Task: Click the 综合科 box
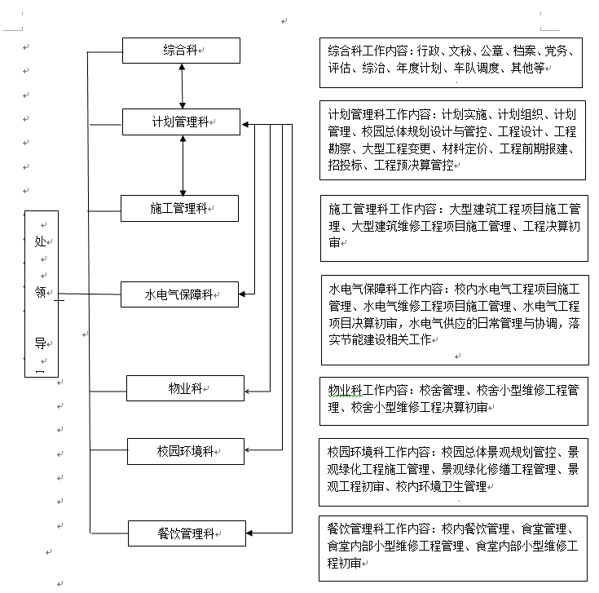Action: click(181, 51)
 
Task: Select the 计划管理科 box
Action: click(181, 122)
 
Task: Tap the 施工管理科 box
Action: click(180, 208)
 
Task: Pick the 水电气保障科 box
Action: click(180, 294)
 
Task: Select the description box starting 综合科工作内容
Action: click(451, 60)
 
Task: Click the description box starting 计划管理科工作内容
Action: click(453, 139)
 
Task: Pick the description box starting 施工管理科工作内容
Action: click(453, 227)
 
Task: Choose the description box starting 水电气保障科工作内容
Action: click(453, 319)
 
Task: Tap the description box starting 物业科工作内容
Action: click(453, 400)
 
